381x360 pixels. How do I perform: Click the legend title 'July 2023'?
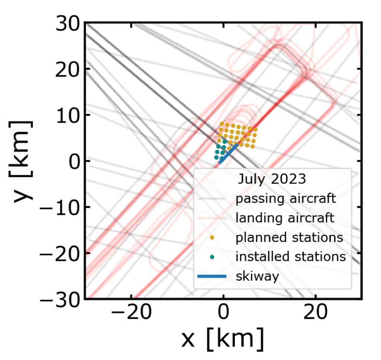pos(272,179)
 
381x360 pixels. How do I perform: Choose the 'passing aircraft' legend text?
pos(286,199)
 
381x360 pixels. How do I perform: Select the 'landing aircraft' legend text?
pos(285,218)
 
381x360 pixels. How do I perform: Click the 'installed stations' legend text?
pos(291,257)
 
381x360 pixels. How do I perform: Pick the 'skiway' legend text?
pos(257,276)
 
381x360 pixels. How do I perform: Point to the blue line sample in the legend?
pos(212,276)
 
